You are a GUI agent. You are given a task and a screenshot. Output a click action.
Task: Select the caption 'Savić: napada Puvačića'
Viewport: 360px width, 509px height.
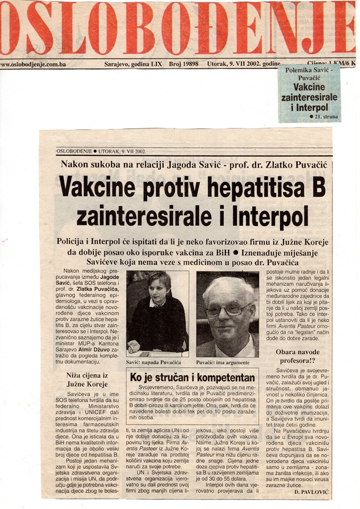pyautogui.click(x=153, y=362)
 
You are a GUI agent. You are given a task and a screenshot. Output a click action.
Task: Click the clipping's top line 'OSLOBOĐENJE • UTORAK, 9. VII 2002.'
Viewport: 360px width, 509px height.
pyautogui.click(x=101, y=151)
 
